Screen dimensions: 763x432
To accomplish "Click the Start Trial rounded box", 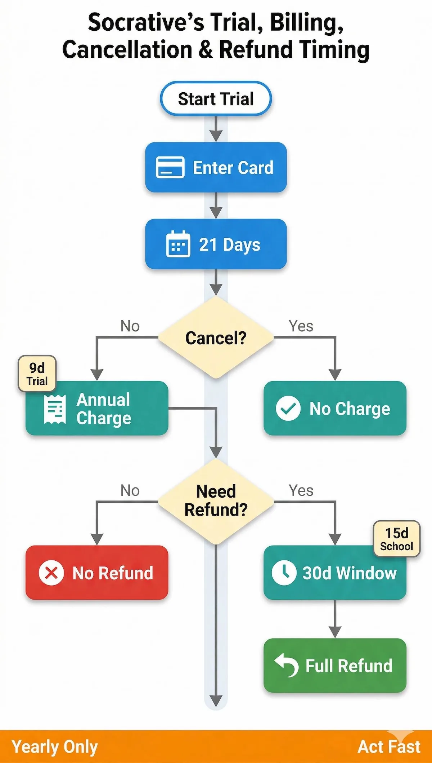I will pyautogui.click(x=216, y=99).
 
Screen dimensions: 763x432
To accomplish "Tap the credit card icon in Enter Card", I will pyautogui.click(x=170, y=167).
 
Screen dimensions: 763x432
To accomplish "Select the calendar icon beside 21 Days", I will pyautogui.click(x=178, y=244).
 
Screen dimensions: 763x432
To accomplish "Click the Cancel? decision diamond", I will pyautogui.click(x=216, y=338).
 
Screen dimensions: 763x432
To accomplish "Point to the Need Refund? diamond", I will pyautogui.click(x=216, y=501).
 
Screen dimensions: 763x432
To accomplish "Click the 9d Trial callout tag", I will pyautogui.click(x=37, y=374).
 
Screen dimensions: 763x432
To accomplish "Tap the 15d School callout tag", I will pyautogui.click(x=396, y=539).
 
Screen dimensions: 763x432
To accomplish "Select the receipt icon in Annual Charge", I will pyautogui.click(x=55, y=409).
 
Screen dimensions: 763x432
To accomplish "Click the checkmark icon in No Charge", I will pyautogui.click(x=288, y=409).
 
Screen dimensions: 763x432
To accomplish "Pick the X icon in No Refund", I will pyautogui.click(x=51, y=573).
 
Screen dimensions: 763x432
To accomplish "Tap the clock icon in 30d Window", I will pyautogui.click(x=284, y=573).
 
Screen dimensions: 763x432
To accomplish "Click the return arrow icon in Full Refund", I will pyautogui.click(x=287, y=665).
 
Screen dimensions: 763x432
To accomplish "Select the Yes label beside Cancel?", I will pyautogui.click(x=301, y=326).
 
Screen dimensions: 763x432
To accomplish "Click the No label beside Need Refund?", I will pyautogui.click(x=130, y=491).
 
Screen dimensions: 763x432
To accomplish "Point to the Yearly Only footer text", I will pyautogui.click(x=55, y=747).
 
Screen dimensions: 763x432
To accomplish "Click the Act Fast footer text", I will pyautogui.click(x=389, y=747).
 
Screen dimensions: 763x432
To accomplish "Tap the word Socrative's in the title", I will pyautogui.click(x=146, y=22).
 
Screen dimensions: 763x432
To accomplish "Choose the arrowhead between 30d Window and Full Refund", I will pyautogui.click(x=335, y=631).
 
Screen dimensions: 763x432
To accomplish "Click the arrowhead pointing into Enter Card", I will pyautogui.click(x=216, y=136).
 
